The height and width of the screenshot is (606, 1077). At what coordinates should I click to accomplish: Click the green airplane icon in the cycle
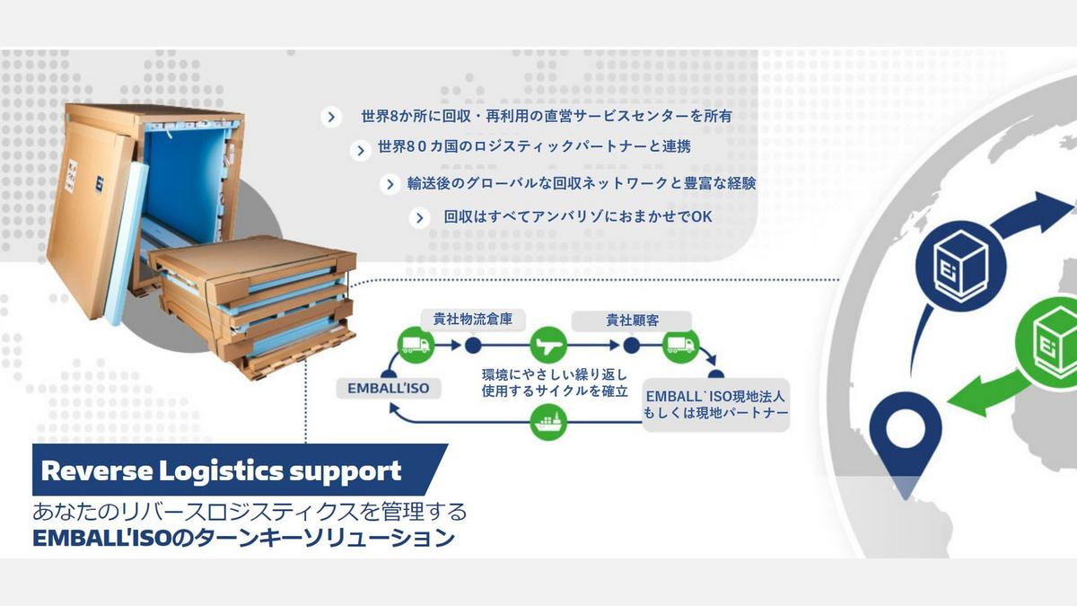[x=548, y=345]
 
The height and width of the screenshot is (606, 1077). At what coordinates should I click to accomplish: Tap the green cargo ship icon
[x=548, y=422]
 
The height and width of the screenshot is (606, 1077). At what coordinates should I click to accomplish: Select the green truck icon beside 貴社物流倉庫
[x=416, y=345]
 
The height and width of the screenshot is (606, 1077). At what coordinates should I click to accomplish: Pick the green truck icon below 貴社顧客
[x=680, y=345]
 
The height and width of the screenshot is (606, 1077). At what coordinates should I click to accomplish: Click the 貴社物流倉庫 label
[x=473, y=320]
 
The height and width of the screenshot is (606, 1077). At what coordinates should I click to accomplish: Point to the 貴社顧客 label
[x=632, y=321]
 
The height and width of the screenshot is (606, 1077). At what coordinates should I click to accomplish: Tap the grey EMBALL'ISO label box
[x=389, y=388]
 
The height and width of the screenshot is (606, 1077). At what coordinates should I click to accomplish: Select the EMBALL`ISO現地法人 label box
[x=715, y=405]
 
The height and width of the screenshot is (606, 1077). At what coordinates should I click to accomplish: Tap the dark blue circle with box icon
[x=960, y=266]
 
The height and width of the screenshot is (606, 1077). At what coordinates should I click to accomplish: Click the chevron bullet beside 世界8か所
[x=331, y=117]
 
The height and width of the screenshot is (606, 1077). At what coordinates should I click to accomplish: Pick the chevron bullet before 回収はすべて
[x=419, y=218]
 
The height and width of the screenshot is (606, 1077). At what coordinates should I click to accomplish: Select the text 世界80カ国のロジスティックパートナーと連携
[x=534, y=146]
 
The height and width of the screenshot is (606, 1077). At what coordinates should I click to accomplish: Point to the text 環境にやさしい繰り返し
[x=555, y=374]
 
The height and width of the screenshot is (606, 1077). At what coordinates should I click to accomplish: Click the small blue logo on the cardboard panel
[x=100, y=184]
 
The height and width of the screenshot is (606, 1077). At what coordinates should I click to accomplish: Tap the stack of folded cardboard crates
[x=253, y=305]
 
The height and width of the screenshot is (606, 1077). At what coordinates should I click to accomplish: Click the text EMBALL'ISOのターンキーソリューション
[x=244, y=538]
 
